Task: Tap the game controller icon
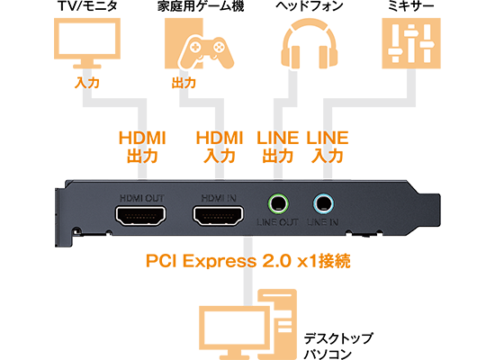[x=206, y=52]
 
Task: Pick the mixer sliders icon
[x=411, y=43]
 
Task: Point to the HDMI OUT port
[x=140, y=216]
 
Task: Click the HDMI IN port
[x=218, y=216]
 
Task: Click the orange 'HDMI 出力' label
[x=142, y=148]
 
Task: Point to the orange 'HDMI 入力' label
[x=220, y=148]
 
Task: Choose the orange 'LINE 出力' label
[x=278, y=148]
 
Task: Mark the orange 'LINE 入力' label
[x=328, y=148]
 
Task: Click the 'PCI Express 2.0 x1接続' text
[x=248, y=261]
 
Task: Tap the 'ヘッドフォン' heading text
[x=310, y=6]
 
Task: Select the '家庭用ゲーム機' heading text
[x=201, y=6]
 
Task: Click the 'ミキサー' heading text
[x=411, y=6]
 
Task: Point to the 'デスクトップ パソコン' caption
[x=338, y=346]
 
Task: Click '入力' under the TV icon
[x=87, y=83]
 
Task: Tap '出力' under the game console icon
[x=184, y=83]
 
